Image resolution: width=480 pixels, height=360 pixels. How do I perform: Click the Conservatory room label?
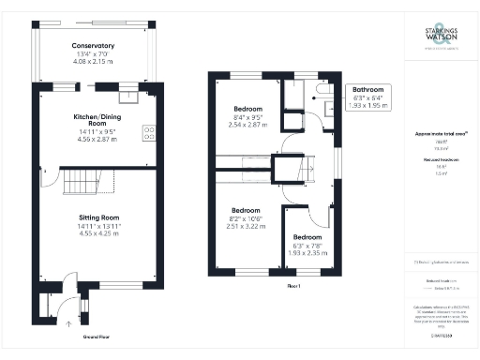click(93, 45)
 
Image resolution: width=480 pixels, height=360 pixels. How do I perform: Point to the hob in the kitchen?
click(148, 132)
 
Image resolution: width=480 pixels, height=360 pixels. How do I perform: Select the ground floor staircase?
click(81, 182)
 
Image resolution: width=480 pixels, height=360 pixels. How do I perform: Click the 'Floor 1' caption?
click(292, 283)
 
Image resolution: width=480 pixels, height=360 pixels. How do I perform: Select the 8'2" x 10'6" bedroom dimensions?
click(247, 218)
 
